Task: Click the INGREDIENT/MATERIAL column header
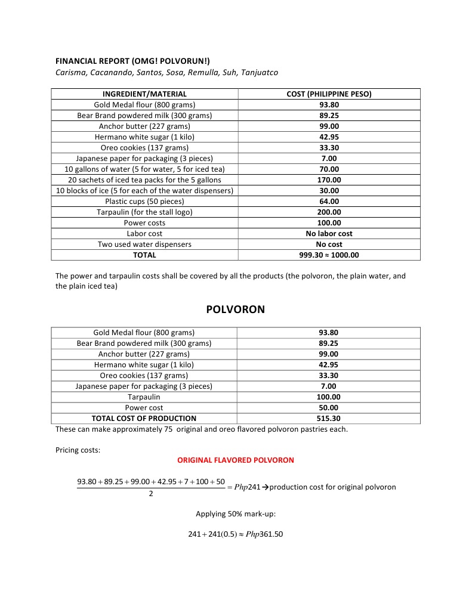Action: (144, 94)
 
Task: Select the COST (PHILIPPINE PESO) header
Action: (329, 94)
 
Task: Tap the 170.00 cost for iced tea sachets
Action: (329, 179)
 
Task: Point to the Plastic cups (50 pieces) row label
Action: (144, 201)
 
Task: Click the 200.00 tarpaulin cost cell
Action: (329, 212)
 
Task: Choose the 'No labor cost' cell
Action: (329, 233)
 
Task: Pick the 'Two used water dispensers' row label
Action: (144, 244)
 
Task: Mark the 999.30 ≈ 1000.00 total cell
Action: (329, 255)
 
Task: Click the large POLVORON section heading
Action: (235, 309)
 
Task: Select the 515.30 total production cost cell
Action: (328, 418)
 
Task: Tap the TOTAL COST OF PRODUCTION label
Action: (144, 418)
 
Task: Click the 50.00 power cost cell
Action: (328, 407)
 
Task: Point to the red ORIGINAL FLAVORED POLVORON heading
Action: (236, 460)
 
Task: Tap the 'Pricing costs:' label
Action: (78, 450)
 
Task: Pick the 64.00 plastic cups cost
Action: (329, 201)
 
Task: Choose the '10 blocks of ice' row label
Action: (144, 190)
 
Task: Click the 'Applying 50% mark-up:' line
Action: (236, 513)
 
